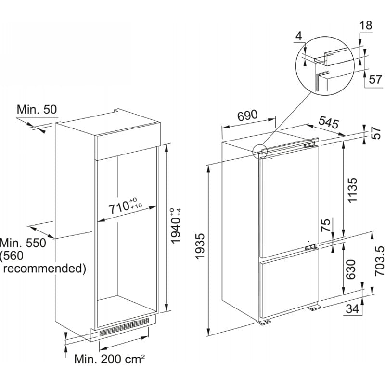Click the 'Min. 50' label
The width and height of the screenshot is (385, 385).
(37, 109)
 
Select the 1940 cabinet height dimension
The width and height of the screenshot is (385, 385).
(176, 226)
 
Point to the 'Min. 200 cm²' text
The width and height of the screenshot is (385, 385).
(110, 359)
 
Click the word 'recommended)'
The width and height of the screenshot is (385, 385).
(44, 269)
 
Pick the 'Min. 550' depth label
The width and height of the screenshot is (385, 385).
(23, 243)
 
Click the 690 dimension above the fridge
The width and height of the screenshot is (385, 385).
(247, 115)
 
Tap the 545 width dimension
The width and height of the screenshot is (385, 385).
(329, 122)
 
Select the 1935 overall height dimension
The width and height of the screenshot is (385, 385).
(200, 246)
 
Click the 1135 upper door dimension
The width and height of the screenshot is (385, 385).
(353, 190)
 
